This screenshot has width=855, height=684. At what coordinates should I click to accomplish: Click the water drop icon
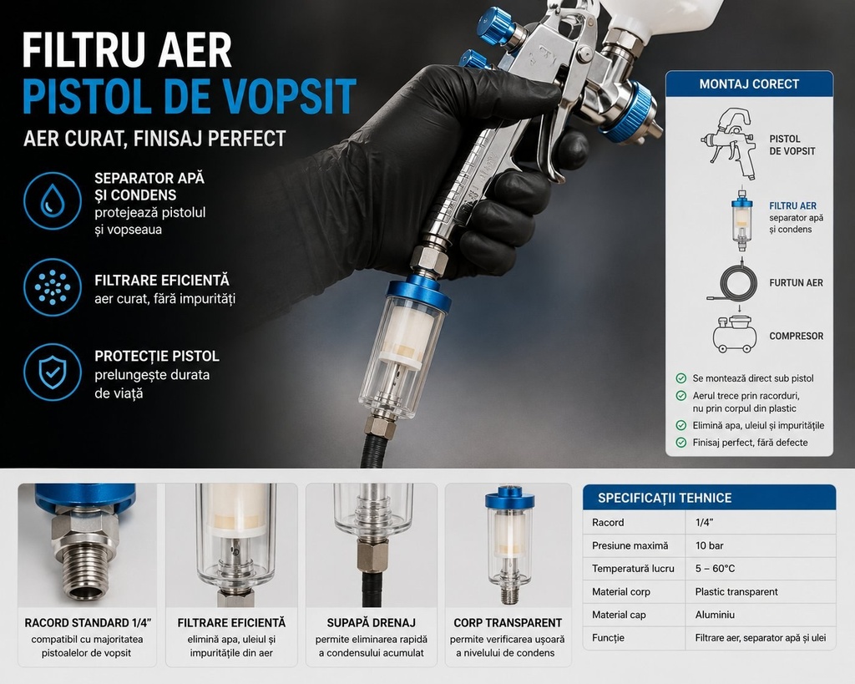tap(53, 200)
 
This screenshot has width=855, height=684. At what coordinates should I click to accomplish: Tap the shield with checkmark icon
tap(53, 372)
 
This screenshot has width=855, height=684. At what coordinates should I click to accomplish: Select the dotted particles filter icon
tap(53, 286)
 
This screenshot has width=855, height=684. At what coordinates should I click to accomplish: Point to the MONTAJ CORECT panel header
tap(749, 84)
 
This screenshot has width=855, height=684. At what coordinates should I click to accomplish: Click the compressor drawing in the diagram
tap(735, 334)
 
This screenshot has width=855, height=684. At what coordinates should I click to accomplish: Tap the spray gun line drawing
tap(728, 143)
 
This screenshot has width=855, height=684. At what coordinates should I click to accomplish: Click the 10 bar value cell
tap(709, 545)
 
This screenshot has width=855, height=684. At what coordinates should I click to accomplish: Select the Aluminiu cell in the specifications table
tap(715, 615)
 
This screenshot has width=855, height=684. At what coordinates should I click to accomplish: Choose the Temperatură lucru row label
tap(633, 569)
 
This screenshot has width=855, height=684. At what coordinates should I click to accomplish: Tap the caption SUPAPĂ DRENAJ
tap(372, 622)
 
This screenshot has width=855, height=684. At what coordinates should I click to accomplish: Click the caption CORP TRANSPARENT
tap(508, 622)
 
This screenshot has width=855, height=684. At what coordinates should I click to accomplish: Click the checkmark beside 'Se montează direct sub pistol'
tap(681, 378)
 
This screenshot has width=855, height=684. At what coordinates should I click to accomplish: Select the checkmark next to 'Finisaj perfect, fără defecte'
tap(681, 443)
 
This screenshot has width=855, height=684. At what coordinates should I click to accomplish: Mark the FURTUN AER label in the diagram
tap(796, 282)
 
